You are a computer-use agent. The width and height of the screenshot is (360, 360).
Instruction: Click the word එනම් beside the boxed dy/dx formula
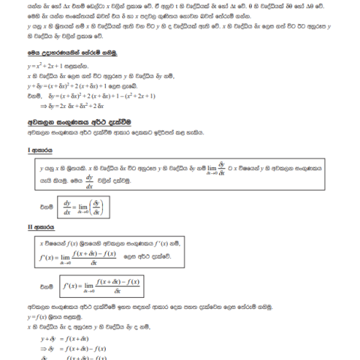(43, 205)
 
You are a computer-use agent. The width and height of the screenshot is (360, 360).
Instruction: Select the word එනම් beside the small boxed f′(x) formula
(43, 286)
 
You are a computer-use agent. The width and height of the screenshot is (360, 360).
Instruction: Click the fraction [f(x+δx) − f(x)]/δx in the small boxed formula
(113, 286)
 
